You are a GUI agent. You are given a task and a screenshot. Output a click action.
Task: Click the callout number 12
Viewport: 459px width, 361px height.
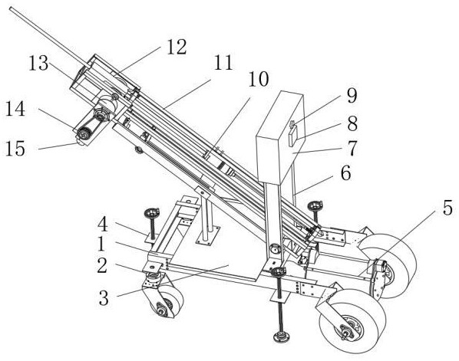coord(177,47)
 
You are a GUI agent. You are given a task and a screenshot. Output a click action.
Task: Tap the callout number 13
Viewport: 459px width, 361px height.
coord(38,63)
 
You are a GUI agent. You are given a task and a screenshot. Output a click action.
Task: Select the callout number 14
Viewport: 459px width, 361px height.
coord(15,110)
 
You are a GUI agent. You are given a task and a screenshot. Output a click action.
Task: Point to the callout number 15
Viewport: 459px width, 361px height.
coord(15,149)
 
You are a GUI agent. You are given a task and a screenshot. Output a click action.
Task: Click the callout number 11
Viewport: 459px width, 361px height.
coord(223,62)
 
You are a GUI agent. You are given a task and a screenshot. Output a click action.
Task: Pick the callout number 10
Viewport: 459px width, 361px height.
coord(258,79)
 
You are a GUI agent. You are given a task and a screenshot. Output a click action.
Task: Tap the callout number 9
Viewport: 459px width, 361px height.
coord(352,96)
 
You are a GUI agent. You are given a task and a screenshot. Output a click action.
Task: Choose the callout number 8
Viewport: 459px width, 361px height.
coord(352,123)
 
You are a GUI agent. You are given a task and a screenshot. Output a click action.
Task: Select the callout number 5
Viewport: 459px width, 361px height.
coord(447,208)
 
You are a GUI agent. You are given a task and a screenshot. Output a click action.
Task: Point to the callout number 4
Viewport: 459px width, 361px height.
coord(102,225)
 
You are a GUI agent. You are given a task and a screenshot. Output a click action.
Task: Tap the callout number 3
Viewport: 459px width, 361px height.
coord(104,298)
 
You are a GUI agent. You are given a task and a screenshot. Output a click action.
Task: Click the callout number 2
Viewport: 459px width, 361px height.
coord(102,266)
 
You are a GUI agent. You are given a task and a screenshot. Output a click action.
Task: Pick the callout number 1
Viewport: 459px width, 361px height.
coord(101,244)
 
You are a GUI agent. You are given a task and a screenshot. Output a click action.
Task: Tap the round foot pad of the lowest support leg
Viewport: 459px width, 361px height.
coord(282,336)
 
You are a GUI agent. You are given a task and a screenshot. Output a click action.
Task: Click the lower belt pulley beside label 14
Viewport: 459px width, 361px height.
coord(83,134)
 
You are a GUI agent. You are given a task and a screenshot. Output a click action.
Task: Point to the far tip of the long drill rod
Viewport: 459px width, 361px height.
coord(11,8)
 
